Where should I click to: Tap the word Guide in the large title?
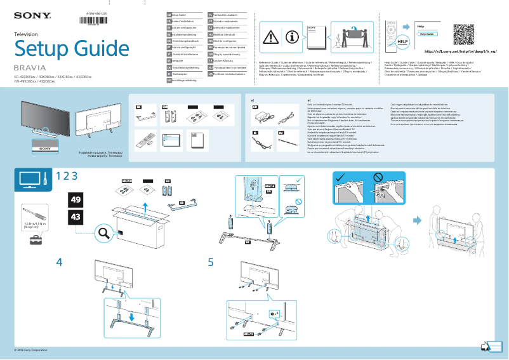(93, 49)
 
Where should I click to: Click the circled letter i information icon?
(292, 38)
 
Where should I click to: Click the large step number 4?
(59, 262)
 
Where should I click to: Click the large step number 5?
(211, 262)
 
